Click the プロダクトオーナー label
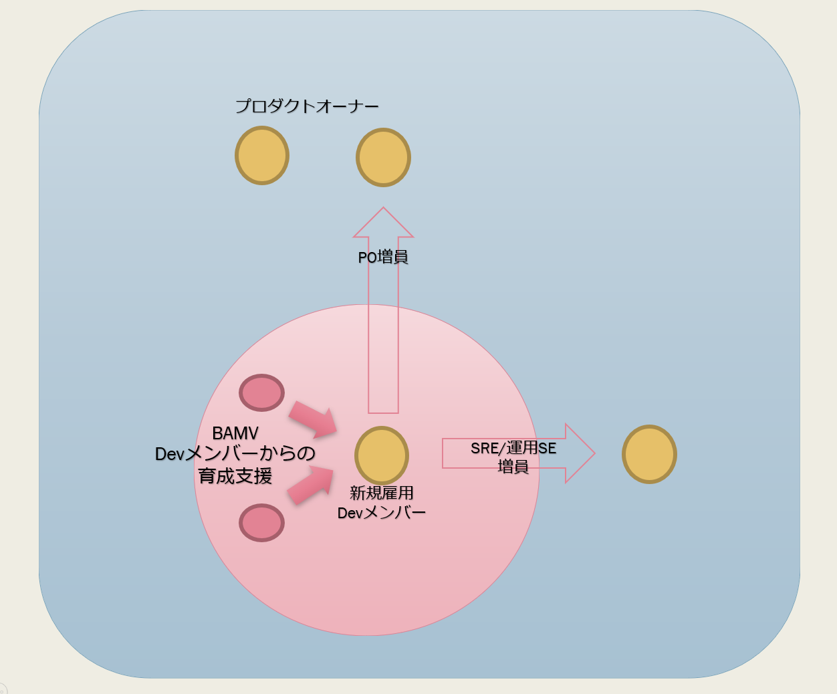click(x=307, y=106)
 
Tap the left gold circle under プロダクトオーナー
click(x=262, y=156)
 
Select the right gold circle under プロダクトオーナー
click(x=383, y=158)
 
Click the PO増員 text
click(x=383, y=257)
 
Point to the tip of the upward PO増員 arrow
click(x=383, y=207)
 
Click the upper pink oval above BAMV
click(x=262, y=393)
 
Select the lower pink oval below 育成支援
click(x=262, y=523)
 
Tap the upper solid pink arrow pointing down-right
click(x=314, y=419)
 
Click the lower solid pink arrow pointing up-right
click(x=311, y=486)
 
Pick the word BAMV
click(x=235, y=433)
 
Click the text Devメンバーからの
click(x=235, y=454)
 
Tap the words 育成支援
click(x=235, y=476)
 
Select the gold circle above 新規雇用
click(x=382, y=455)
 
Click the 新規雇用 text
click(x=382, y=493)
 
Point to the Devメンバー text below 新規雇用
click(x=382, y=513)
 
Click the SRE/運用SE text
click(x=513, y=448)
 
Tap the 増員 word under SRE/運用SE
click(x=513, y=467)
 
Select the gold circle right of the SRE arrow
click(x=649, y=454)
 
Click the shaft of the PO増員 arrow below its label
click(x=383, y=341)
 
